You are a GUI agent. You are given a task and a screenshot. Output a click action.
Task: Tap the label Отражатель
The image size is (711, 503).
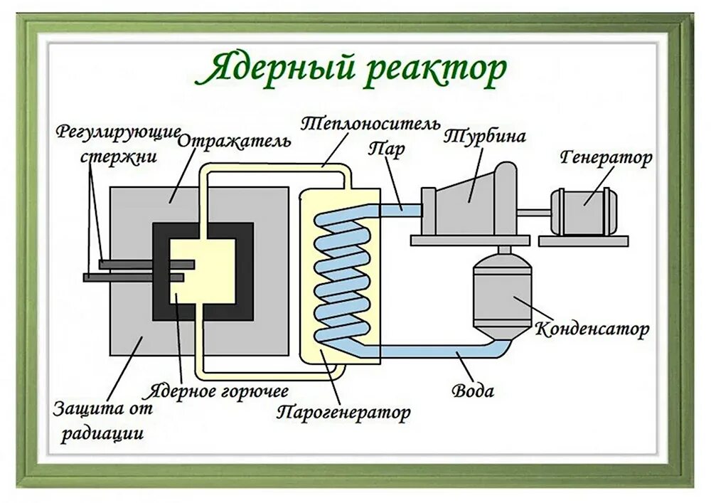pos(235,139)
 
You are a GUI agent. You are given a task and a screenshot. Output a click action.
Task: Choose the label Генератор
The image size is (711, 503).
pos(606,157)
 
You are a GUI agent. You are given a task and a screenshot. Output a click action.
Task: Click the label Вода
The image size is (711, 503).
pos(473,390)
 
